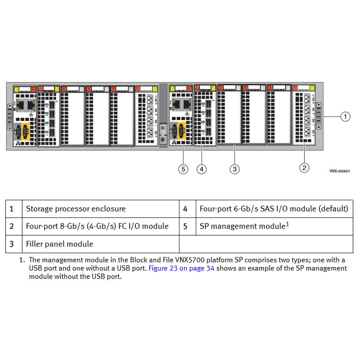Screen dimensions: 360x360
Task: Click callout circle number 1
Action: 345,117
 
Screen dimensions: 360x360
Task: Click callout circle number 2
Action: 304,167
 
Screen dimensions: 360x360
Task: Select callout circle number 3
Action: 235,169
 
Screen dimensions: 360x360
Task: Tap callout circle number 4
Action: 201,169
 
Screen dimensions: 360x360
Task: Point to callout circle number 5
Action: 183,169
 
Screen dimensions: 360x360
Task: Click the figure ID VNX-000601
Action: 340,171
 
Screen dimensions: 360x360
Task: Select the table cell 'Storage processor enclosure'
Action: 76,209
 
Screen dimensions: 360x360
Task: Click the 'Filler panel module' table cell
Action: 60,244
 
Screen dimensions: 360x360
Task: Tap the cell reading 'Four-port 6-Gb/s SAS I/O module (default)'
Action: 274,209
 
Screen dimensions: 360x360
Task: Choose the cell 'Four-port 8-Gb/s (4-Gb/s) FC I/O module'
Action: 97,226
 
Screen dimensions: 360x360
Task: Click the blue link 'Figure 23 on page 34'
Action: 181,268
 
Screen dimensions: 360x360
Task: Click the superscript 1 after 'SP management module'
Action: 287,224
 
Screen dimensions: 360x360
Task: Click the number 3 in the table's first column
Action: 12,244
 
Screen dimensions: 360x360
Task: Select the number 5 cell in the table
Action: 185,226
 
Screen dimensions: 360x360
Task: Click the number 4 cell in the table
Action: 185,209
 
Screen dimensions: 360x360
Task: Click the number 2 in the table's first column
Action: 12,226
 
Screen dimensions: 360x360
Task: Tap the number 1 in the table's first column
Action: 12,209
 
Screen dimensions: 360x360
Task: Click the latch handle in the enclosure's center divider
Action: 163,129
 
